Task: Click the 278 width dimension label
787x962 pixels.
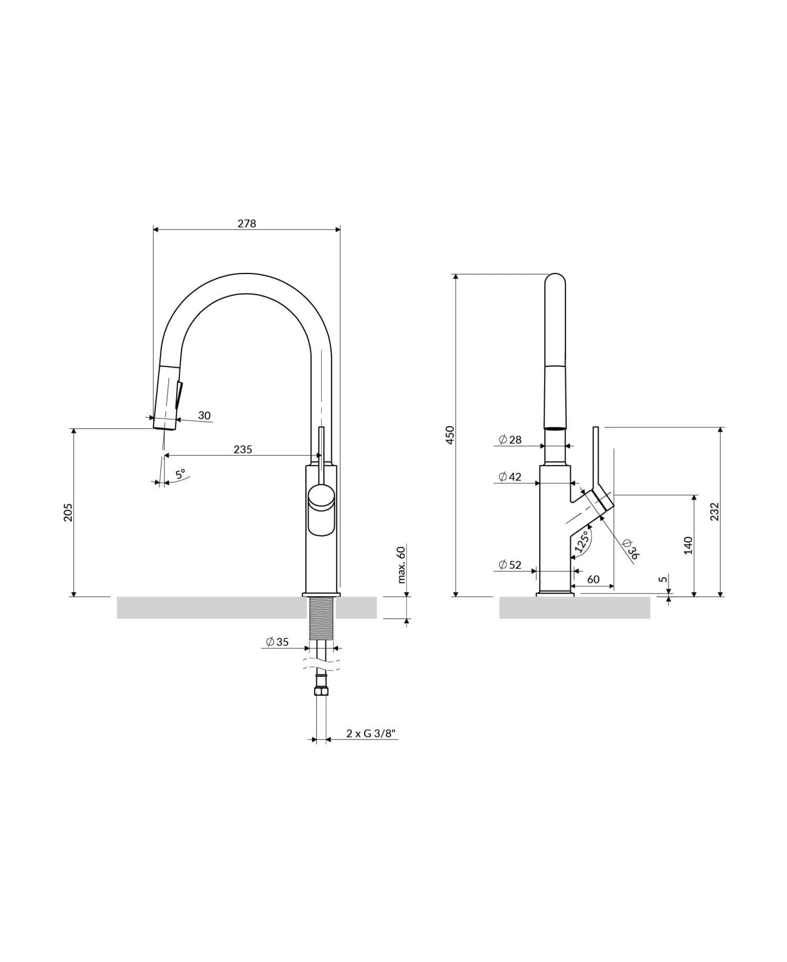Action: (x=247, y=224)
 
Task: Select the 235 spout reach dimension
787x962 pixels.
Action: (x=242, y=449)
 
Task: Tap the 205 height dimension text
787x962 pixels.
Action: (x=68, y=512)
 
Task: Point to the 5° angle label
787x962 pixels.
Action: (x=180, y=474)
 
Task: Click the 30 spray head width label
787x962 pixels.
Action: (x=204, y=416)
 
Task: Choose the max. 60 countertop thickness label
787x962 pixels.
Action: (x=401, y=565)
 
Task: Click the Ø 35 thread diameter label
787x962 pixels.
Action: (x=277, y=642)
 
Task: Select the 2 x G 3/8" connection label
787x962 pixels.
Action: (x=369, y=734)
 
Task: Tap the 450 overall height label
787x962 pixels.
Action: (x=450, y=435)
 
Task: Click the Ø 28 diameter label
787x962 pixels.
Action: (x=510, y=440)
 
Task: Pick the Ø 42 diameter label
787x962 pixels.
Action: (x=510, y=477)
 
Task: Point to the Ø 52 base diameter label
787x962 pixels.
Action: (x=510, y=565)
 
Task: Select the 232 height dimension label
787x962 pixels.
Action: (x=715, y=512)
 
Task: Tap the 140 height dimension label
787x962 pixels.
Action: (x=688, y=545)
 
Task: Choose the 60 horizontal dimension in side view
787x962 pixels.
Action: (x=593, y=579)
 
